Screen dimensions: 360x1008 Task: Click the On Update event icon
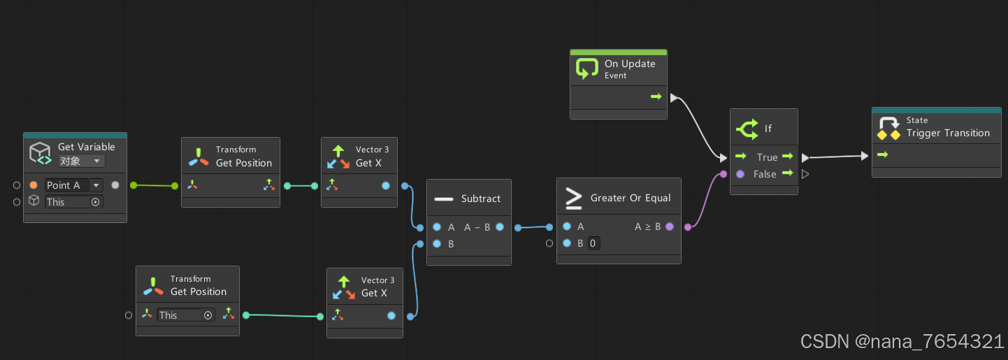(587, 69)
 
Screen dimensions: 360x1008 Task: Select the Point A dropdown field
(73, 185)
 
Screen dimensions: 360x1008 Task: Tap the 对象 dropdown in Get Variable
(81, 161)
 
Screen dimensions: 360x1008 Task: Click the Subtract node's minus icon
(444, 199)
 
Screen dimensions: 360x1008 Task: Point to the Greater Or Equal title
(631, 198)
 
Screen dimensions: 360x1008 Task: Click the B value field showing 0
(593, 243)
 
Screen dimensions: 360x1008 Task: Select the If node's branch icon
(747, 129)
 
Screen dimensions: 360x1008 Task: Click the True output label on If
(767, 157)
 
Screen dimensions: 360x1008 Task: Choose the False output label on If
(765, 174)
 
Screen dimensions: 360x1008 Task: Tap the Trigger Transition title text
(948, 133)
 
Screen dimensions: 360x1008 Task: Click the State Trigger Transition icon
(888, 128)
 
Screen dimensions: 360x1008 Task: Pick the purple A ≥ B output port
(670, 226)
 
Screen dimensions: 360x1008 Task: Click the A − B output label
(477, 227)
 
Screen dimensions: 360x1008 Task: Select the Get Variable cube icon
(40, 153)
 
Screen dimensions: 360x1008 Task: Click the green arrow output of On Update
(656, 96)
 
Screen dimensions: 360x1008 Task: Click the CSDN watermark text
(902, 341)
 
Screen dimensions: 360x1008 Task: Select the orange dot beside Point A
(34, 185)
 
